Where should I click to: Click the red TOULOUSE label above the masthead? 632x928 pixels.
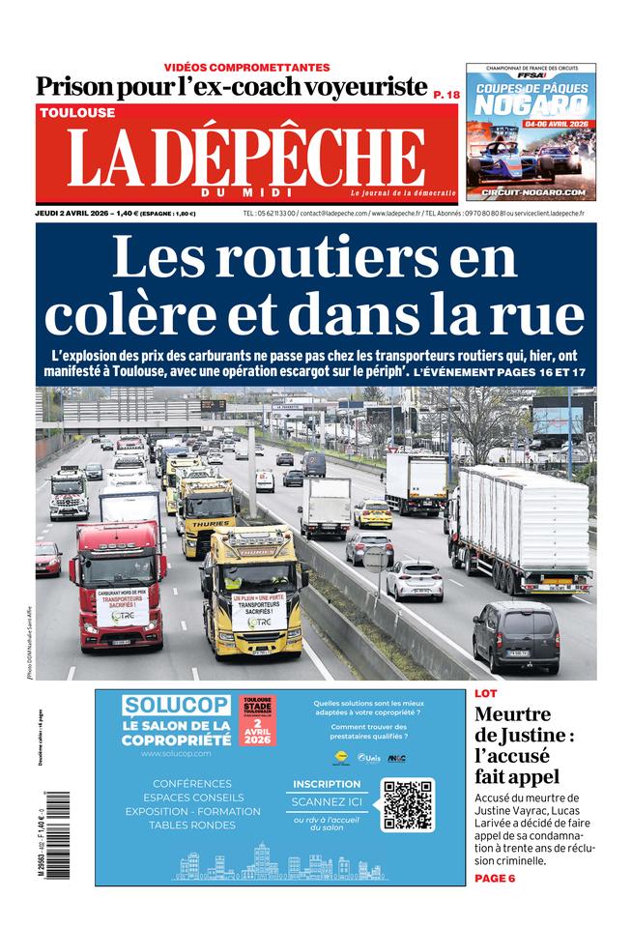pos(77,113)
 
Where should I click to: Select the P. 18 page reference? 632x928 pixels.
pos(445,94)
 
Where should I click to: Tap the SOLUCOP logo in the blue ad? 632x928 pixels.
pos(176,705)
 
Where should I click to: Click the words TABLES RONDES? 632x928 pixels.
pos(191,825)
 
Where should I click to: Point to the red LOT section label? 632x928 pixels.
pos(486,693)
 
